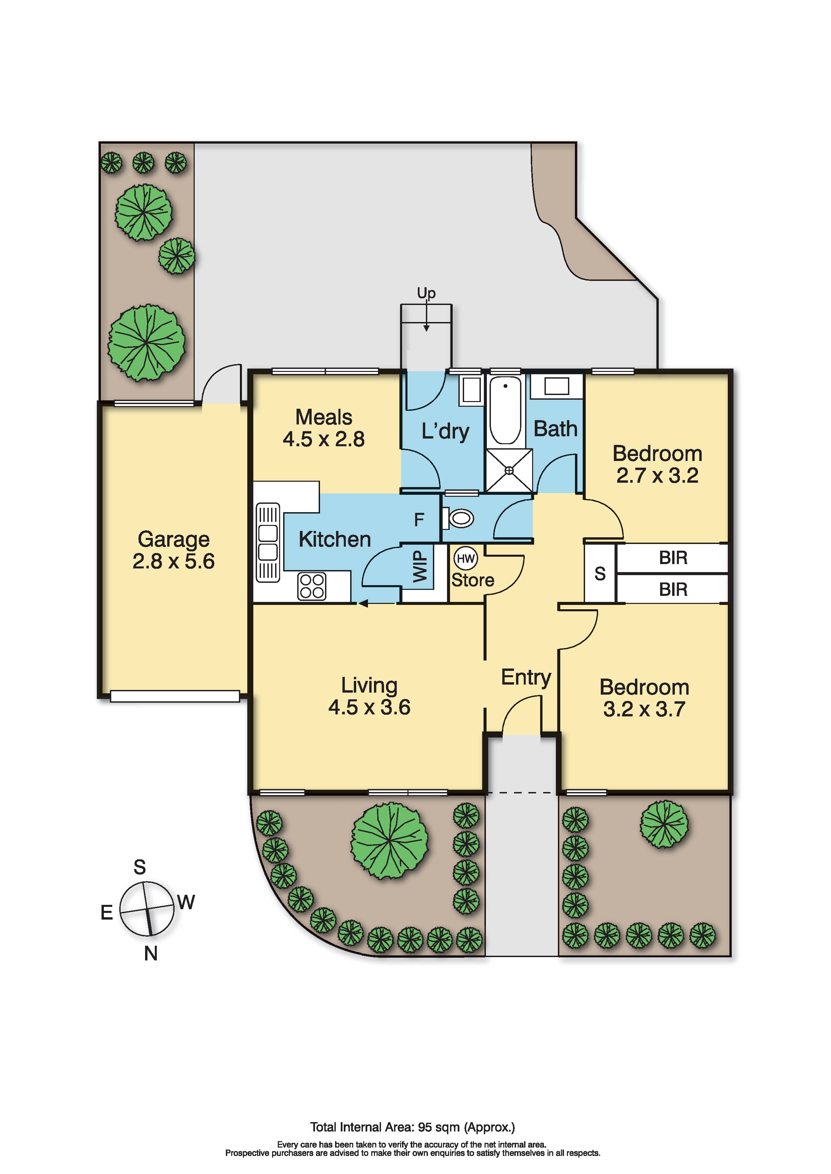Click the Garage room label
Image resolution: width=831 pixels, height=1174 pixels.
(x=174, y=539)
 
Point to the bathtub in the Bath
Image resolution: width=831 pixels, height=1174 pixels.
(x=505, y=410)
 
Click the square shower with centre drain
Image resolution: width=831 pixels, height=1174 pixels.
(x=509, y=470)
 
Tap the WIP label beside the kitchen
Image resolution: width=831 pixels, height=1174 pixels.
(x=420, y=566)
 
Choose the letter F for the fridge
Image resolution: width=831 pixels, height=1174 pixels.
(x=419, y=520)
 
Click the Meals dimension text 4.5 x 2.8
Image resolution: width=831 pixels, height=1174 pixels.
(x=324, y=439)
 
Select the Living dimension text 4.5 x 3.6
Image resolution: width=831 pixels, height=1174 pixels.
(x=370, y=707)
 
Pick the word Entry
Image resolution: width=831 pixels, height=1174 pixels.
(x=526, y=678)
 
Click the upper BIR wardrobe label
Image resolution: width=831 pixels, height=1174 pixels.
(x=673, y=558)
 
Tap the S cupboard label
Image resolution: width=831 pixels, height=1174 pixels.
(x=600, y=574)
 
